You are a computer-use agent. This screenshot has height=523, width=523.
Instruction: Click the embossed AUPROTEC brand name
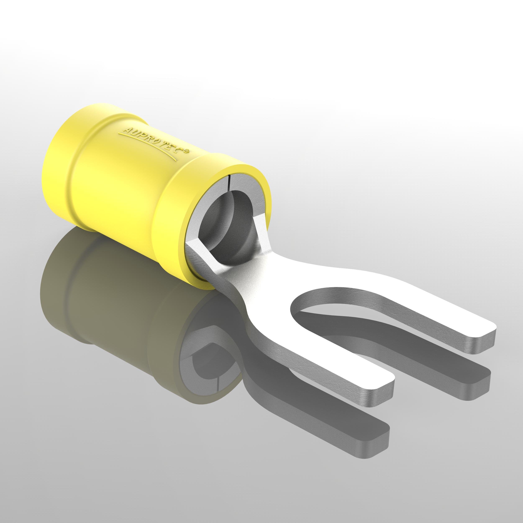click(152, 141)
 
